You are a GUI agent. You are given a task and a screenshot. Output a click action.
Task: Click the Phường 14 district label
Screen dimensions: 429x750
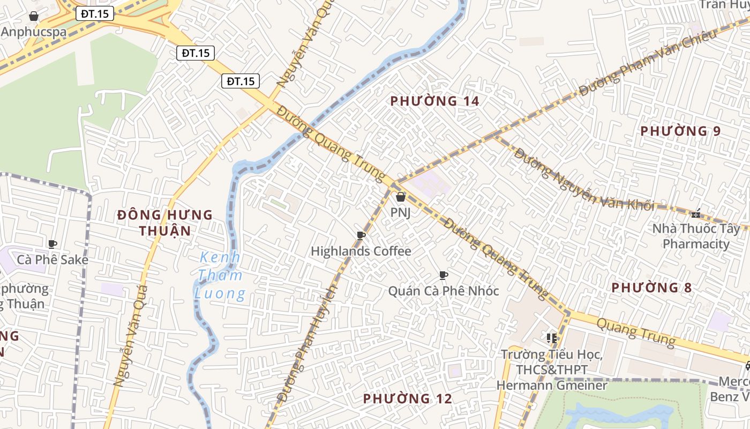coord(434,101)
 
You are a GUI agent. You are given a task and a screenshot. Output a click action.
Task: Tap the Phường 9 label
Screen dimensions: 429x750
coord(680,131)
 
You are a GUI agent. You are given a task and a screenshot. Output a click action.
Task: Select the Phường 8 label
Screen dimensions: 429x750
coord(651,287)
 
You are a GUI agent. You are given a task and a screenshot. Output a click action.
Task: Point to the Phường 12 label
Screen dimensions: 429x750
coord(407,398)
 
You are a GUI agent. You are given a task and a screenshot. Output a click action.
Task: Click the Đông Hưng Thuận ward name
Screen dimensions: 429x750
coord(165,223)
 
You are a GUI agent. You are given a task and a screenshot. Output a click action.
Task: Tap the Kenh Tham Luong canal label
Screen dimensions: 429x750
coord(220,276)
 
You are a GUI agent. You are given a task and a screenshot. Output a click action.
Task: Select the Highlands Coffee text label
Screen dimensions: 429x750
coord(361,251)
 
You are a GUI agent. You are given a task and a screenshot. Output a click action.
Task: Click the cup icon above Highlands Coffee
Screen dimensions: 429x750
coord(361,235)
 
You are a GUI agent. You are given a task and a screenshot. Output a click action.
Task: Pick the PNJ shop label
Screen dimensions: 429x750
coord(400,212)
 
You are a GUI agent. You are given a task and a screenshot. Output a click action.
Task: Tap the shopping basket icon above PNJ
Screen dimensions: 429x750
coord(400,197)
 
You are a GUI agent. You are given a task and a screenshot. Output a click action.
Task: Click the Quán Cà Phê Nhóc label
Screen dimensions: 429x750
coord(444,291)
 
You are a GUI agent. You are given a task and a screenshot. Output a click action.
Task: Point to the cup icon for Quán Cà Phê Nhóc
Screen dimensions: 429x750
coord(444,276)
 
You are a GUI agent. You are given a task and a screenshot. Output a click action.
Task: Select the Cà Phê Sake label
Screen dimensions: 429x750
coord(52,260)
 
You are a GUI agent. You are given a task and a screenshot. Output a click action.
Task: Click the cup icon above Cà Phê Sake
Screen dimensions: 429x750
coord(52,245)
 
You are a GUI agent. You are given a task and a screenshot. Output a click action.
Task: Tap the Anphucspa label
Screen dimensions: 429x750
coord(34,32)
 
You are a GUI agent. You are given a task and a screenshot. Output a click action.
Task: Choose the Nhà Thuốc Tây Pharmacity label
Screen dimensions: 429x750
coord(696,236)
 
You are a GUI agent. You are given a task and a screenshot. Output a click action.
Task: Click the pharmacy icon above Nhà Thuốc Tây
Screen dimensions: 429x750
coord(696,213)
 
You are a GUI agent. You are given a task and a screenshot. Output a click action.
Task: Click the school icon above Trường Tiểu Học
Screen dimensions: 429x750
coord(552,338)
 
